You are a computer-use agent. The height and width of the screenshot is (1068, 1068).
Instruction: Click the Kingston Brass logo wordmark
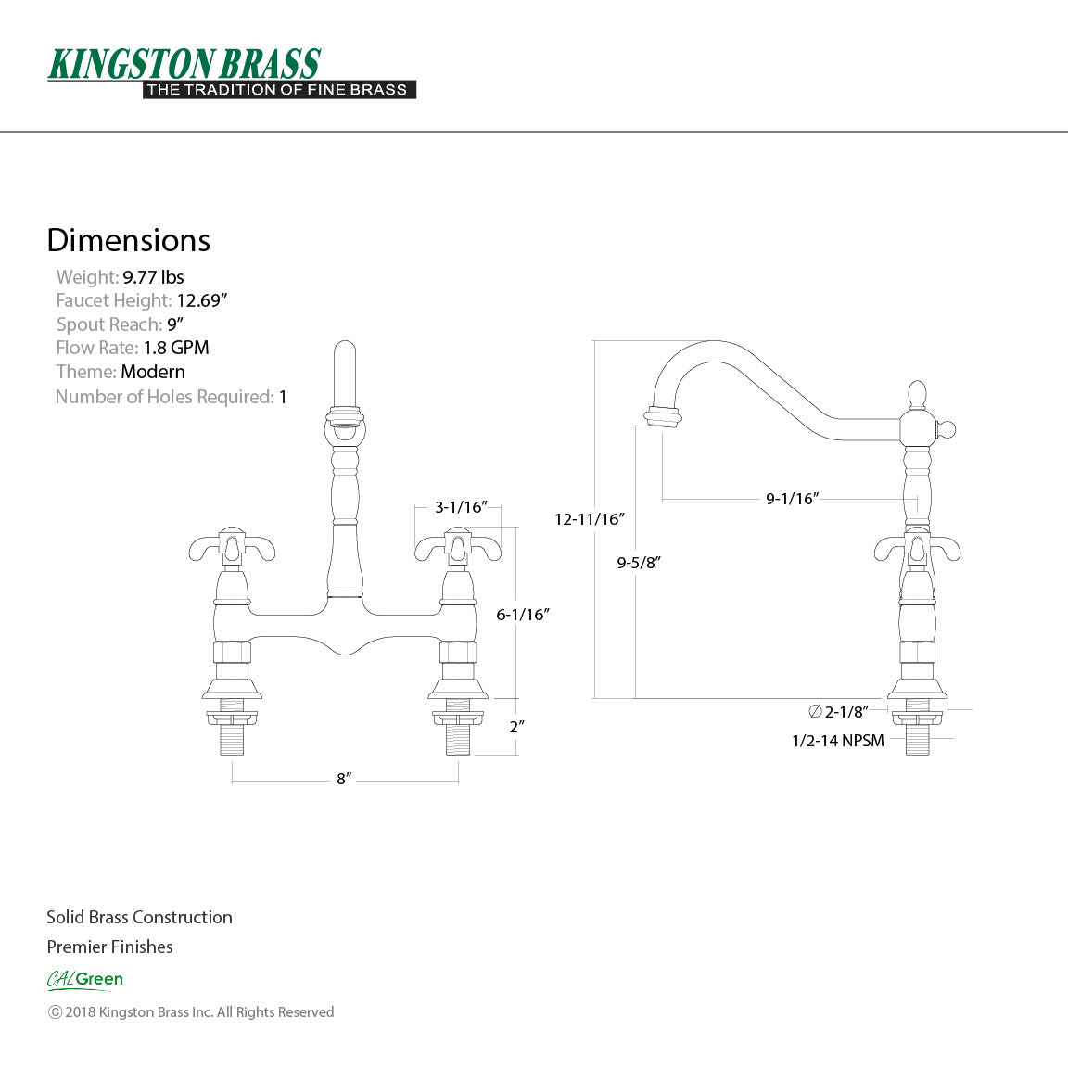click(x=184, y=64)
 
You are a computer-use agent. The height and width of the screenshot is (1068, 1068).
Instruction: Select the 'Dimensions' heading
click(x=128, y=240)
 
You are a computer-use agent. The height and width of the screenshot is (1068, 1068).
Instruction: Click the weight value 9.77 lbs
click(x=153, y=277)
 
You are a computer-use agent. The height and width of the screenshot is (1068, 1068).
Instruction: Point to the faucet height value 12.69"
click(x=202, y=300)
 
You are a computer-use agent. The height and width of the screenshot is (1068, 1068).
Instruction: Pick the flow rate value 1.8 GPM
click(x=176, y=348)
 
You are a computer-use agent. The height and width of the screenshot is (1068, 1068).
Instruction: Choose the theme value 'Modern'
click(x=153, y=372)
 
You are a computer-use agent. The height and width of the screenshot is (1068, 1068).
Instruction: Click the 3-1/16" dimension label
click(x=461, y=507)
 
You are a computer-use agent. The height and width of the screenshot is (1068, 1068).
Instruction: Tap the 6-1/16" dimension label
click(x=523, y=614)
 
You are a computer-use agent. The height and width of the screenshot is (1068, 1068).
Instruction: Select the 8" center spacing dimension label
click(x=344, y=779)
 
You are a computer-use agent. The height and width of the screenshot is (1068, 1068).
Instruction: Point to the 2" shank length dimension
click(x=516, y=727)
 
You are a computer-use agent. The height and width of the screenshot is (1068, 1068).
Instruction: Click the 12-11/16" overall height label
click(x=590, y=519)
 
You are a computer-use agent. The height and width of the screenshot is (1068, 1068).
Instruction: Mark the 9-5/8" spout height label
click(x=639, y=562)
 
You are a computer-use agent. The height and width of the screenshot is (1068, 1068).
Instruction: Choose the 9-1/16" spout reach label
click(x=792, y=499)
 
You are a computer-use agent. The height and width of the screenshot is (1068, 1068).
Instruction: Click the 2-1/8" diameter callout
click(x=839, y=712)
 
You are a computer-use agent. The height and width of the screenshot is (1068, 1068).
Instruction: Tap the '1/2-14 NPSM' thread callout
click(x=838, y=740)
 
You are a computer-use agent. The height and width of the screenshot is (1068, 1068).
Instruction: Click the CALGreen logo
click(x=84, y=979)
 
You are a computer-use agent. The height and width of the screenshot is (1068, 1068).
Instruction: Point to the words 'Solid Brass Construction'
click(x=139, y=917)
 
